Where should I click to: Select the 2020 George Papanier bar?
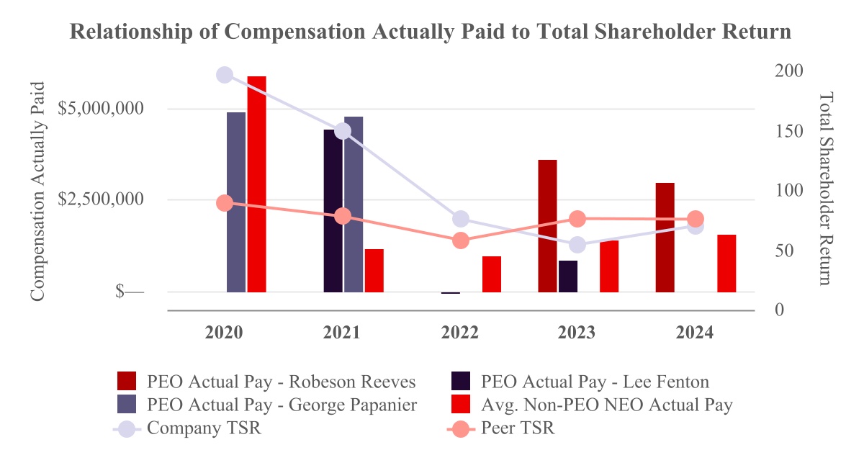coord(236,202)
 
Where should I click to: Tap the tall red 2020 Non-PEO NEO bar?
coord(257,184)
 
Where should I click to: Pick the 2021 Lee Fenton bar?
coord(333,210)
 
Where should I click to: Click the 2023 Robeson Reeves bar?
coord(547,225)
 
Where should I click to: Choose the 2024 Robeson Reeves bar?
coord(665,237)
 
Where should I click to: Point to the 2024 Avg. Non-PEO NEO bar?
coord(726,263)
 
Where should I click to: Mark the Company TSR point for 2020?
coord(225,75)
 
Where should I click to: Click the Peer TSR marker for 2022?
coord(461,240)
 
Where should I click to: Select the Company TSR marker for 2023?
coord(577,246)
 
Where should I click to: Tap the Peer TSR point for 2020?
coord(225,203)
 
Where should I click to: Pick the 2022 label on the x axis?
coord(460,333)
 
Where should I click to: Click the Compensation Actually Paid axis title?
coord(38,191)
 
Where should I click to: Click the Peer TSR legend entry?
coord(518,428)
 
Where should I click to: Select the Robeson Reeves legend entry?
coord(281,381)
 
